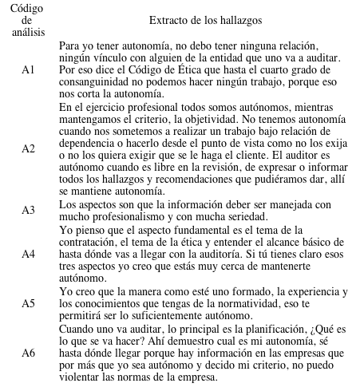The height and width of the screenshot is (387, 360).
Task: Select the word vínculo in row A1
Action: pyautogui.click(x=110, y=57)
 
